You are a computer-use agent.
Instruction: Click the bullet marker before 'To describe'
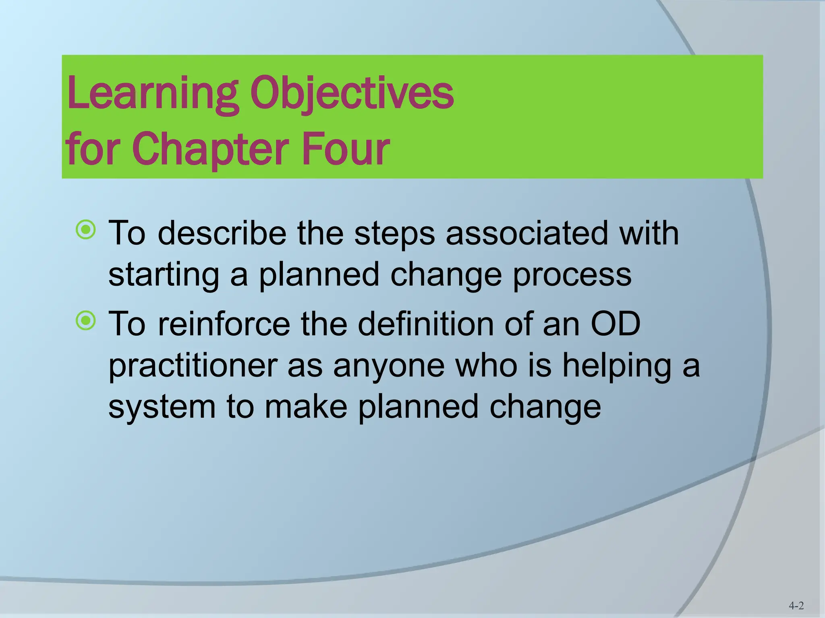86,230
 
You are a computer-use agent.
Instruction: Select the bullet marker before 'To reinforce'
86,321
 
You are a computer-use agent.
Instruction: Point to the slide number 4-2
796,606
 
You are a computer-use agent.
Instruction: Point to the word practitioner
193,366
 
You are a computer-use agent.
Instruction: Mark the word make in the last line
306,407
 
